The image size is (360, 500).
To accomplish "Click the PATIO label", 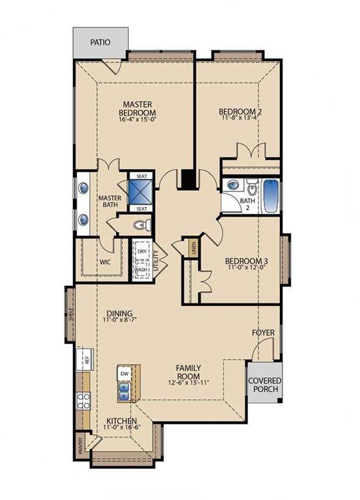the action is [100, 42].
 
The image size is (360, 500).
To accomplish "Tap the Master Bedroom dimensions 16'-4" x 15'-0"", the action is [137, 120].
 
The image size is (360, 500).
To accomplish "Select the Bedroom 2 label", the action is [240, 111].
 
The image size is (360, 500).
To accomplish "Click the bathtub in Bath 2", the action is [271, 197].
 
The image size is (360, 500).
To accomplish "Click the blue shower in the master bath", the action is [141, 192].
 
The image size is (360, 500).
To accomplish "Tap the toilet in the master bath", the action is [142, 225].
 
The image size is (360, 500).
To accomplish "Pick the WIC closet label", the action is [105, 262].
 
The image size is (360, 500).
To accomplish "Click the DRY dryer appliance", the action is [142, 251].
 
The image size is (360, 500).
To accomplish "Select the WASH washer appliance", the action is [141, 270].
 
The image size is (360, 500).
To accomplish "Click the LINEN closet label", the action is [194, 248].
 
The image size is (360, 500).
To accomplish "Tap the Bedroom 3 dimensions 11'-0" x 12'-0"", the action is [247, 267].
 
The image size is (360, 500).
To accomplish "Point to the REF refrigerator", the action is [85, 359].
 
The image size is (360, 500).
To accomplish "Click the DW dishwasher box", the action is [124, 374].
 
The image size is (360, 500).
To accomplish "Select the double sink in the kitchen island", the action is [124, 392].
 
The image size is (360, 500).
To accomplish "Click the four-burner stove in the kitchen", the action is [83, 401].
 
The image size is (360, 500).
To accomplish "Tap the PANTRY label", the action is [80, 445].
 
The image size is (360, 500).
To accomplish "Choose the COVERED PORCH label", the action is [265, 385].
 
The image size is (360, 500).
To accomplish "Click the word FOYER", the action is [263, 333].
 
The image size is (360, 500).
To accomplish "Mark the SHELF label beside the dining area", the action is [70, 314].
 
